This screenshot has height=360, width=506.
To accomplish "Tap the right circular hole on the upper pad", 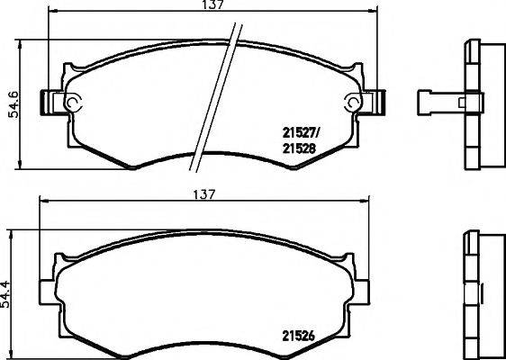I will [350, 103].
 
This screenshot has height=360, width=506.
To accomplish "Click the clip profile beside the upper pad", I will [440, 103].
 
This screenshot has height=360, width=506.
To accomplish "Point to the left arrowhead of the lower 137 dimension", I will [41, 203].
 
